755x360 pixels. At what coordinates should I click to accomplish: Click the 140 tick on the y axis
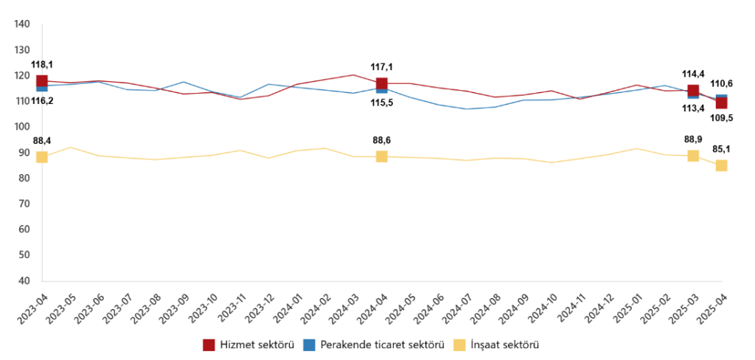[x=22, y=24]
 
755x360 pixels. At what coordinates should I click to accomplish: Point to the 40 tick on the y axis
[x=22, y=281]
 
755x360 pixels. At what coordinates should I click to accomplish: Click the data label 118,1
[x=41, y=63]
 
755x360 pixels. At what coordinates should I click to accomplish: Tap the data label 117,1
[x=381, y=67]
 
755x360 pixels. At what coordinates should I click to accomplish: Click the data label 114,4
[x=693, y=73]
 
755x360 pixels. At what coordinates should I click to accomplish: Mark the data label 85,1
[x=721, y=149]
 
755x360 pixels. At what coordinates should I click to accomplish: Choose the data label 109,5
[x=721, y=117]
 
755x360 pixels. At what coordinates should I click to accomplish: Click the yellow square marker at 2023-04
[x=42, y=157]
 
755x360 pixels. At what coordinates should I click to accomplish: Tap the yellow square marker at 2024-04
[x=382, y=156]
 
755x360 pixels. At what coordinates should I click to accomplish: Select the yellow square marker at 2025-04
[x=721, y=165]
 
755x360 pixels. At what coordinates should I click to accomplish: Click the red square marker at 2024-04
[x=382, y=83]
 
